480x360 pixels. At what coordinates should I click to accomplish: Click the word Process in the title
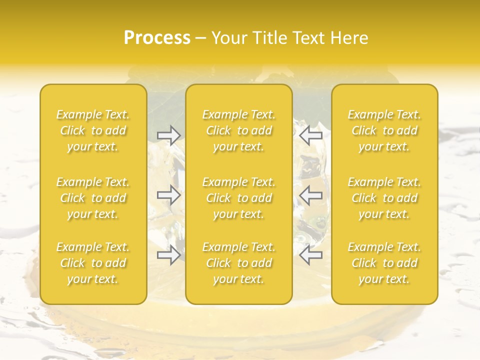[157, 38]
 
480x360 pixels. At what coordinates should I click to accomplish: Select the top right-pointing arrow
[168, 135]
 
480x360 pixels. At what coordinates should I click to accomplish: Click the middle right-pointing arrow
[168, 195]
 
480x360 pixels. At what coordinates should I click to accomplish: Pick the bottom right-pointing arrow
[168, 255]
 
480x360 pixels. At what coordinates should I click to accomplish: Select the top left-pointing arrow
[311, 135]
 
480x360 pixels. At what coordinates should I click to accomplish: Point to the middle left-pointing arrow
[311, 195]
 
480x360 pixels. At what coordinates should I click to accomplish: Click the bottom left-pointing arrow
[311, 255]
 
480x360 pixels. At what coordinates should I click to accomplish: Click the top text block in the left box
[93, 130]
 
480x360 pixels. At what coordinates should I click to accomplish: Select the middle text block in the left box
[93, 198]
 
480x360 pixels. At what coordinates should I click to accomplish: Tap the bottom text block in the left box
[93, 263]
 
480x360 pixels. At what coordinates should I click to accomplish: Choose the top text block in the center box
[239, 130]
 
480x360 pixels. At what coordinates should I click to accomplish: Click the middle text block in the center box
[239, 198]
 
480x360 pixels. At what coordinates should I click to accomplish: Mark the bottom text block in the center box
[239, 263]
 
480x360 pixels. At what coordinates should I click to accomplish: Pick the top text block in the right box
[384, 130]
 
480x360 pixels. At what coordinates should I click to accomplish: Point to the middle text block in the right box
[384, 198]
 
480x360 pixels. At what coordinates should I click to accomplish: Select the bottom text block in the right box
[384, 263]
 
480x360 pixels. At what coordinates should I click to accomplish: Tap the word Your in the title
[227, 38]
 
